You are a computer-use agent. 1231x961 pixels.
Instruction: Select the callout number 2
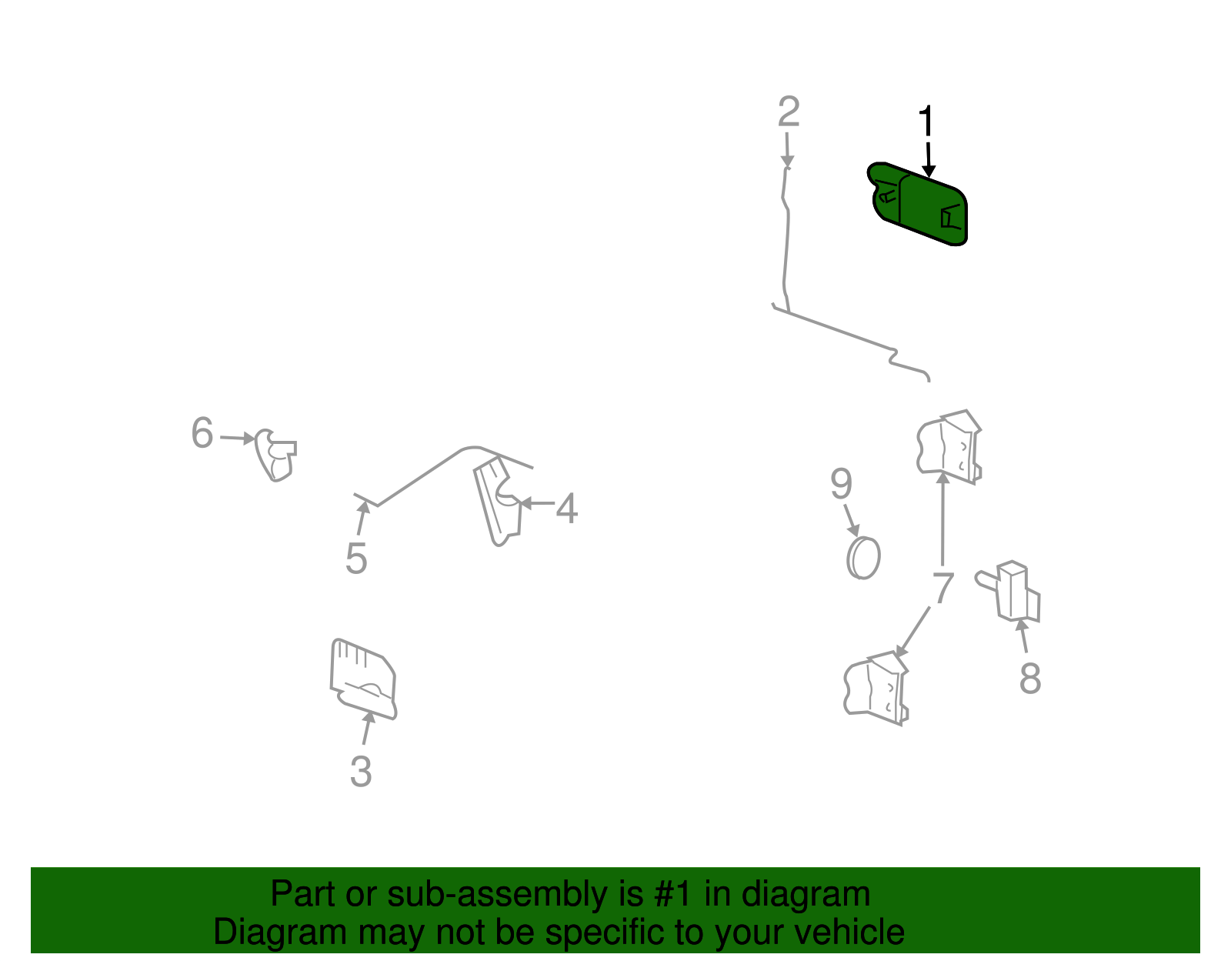[x=789, y=112]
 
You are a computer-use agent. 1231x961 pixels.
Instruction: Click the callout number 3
[x=361, y=771]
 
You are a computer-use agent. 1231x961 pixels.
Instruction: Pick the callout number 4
[x=566, y=508]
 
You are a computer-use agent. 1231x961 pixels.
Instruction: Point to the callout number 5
[x=356, y=559]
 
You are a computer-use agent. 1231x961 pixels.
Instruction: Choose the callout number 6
[x=202, y=432]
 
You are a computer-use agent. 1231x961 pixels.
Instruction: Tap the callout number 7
[x=943, y=587]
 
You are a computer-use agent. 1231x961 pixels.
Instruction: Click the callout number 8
[x=1030, y=678]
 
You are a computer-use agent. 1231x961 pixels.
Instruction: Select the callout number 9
[x=841, y=484]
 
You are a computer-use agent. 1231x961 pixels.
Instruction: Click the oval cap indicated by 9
[x=863, y=558]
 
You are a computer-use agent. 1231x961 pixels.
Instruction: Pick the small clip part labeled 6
[x=275, y=455]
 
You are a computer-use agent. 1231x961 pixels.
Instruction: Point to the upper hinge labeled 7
[x=949, y=447]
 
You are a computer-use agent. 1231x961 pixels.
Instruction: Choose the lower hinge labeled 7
[x=876, y=688]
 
